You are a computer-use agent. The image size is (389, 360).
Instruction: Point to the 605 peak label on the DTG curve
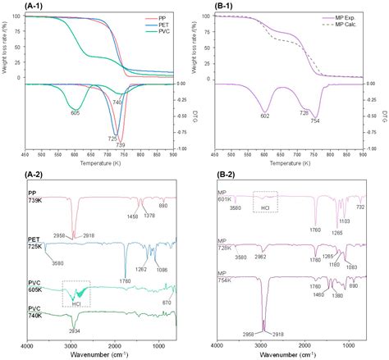pos(75,112)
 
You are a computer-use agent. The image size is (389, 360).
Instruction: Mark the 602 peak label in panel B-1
pos(264,116)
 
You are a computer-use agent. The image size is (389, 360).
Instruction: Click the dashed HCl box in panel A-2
pos(76,293)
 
